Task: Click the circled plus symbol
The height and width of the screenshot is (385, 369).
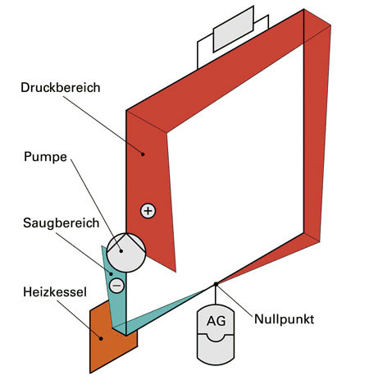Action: (148, 211)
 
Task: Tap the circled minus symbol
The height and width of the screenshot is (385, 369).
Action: (116, 285)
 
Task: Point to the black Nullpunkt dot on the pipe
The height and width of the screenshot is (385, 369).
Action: (216, 284)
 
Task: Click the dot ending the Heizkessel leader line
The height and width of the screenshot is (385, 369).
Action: (101, 337)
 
